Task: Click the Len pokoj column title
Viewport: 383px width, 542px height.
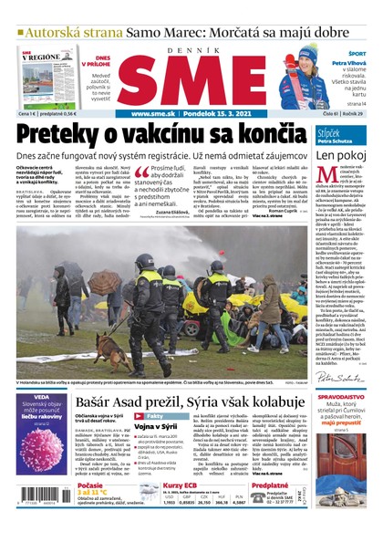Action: tap(340, 154)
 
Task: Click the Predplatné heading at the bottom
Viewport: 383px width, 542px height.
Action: tap(271, 485)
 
